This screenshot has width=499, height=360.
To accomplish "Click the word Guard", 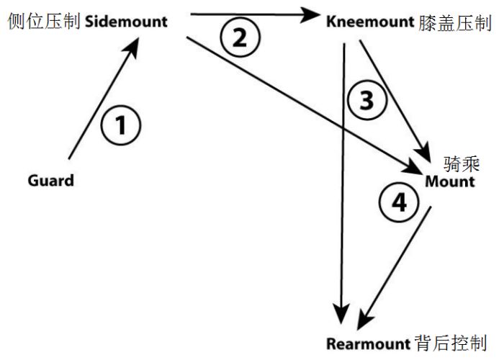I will (50, 180).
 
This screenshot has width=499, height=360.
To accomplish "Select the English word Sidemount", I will (126, 20).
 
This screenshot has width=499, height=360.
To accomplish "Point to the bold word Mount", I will (449, 181).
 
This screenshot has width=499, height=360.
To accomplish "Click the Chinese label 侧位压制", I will (43, 20).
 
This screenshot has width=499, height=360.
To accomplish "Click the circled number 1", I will (120, 126).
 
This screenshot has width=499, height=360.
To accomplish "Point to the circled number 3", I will (367, 101).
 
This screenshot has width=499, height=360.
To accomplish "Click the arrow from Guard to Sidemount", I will (102, 101).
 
